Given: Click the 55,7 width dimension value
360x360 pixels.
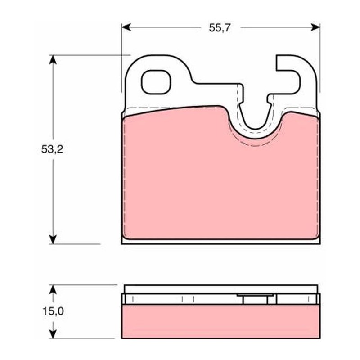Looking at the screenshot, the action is [219, 28].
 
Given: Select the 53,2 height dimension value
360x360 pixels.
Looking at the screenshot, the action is [52, 149].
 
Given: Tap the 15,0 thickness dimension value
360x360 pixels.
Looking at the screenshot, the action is [53, 311].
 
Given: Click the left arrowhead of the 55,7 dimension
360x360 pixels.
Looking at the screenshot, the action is [126, 27].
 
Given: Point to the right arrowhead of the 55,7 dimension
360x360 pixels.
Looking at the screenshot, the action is [315, 27].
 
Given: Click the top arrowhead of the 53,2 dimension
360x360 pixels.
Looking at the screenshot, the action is [53, 60].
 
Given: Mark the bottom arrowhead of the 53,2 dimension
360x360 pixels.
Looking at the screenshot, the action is [53, 239].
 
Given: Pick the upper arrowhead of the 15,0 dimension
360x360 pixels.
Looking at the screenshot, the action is [53, 289].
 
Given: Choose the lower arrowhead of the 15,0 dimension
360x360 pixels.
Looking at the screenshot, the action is [53, 334].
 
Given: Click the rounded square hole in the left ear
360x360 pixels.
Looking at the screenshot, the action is [156, 82].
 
